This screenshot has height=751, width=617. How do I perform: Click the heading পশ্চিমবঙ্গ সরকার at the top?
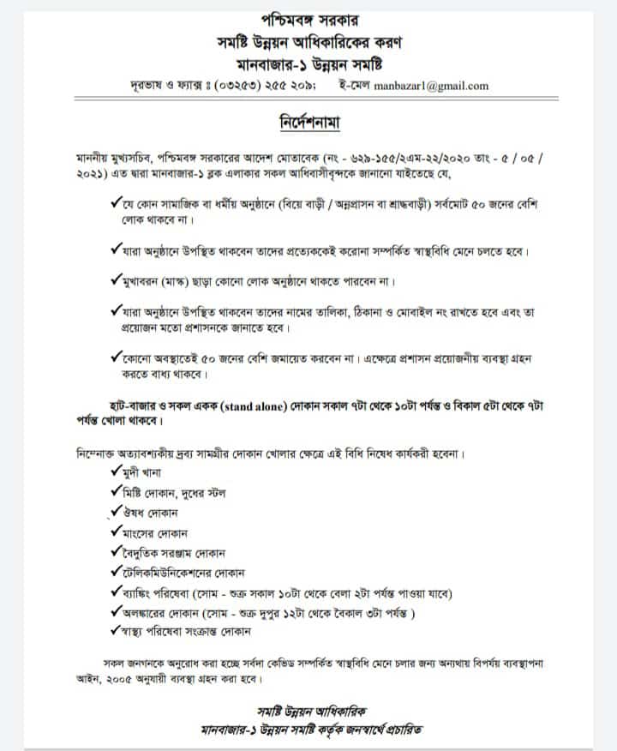coord(311,18)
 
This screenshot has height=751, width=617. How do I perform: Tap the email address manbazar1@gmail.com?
coord(440,85)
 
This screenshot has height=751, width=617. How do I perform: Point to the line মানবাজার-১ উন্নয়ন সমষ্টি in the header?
coord(311,63)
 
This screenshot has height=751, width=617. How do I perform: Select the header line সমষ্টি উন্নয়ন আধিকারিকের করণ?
coord(311,41)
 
